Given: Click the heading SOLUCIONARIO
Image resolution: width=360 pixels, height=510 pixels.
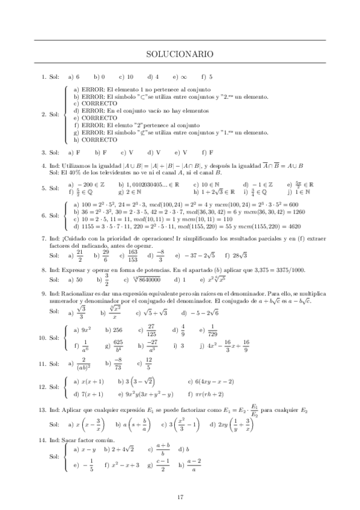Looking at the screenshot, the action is pos(180,54).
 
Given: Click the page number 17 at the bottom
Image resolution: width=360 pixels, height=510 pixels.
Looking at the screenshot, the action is pos(180,497).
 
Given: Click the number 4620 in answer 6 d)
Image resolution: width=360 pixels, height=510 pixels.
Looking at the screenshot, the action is pos(293,227).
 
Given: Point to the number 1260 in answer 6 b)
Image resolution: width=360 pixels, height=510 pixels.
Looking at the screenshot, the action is pos(296,212).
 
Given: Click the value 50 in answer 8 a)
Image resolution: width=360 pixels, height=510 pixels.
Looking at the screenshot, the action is pos(79,280).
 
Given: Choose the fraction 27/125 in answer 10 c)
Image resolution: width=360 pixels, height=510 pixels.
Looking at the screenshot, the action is pos(151,330).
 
